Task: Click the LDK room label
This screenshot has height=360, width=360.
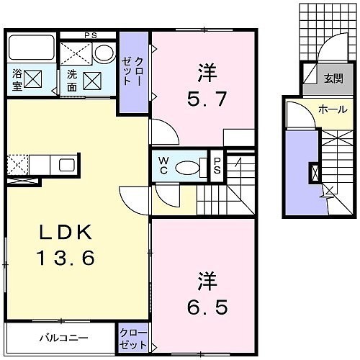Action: (66, 232)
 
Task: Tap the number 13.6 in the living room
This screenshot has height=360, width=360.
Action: (66, 257)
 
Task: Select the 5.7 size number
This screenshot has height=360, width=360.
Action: (207, 99)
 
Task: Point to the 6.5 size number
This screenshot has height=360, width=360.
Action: (207, 307)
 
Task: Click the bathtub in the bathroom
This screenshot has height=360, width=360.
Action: (31, 48)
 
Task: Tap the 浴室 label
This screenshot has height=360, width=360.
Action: (17, 80)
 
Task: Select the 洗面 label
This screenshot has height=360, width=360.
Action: (72, 81)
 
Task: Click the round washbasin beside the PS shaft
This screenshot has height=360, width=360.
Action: (104, 53)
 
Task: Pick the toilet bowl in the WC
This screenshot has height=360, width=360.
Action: (187, 167)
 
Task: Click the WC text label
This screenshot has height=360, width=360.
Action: (163, 166)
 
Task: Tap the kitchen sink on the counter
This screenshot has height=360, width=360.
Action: (67, 166)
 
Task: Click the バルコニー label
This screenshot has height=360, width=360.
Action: (64, 338)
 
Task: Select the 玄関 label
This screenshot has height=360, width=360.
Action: (333, 78)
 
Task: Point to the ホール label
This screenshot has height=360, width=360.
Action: (333, 109)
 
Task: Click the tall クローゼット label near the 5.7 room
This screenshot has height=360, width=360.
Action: (133, 71)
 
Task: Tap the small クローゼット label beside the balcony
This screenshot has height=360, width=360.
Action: (133, 339)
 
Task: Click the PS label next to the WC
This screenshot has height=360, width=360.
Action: (217, 166)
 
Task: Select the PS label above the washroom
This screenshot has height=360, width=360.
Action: (91, 35)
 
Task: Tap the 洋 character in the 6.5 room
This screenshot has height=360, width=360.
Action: (207, 281)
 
